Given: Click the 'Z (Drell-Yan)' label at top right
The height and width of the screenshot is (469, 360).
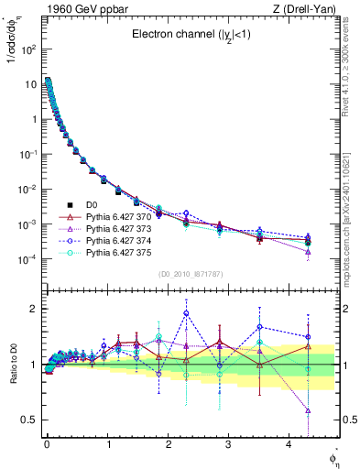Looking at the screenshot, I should point(300,9).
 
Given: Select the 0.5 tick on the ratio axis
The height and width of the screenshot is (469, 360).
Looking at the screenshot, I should point(29,420).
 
